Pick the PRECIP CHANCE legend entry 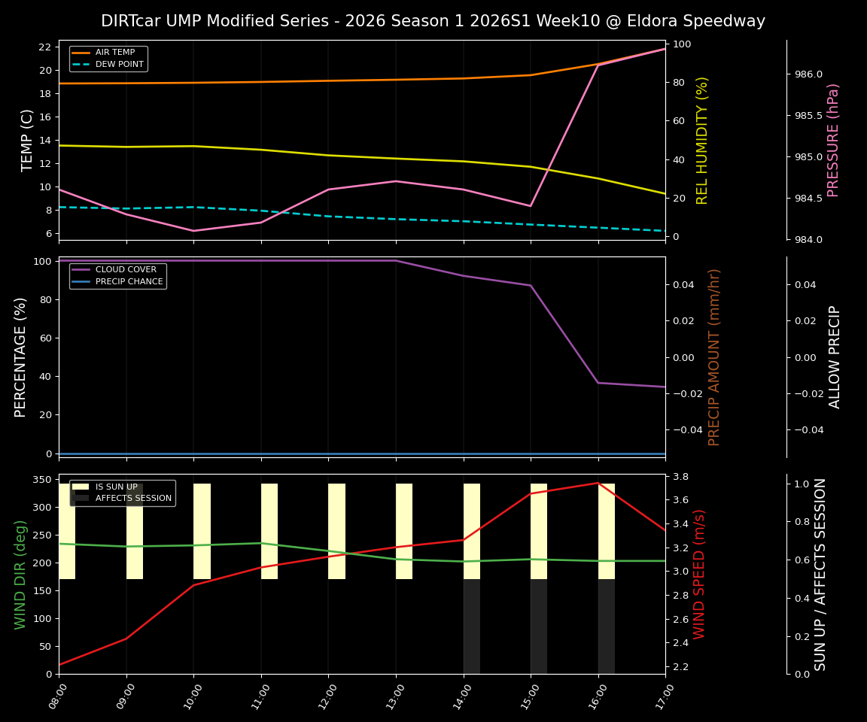129,282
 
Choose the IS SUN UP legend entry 116,487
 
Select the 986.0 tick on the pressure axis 803,74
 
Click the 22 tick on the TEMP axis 44,47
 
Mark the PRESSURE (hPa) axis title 833,140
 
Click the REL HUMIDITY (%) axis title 703,140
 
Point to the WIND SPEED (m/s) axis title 700,574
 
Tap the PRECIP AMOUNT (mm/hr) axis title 715,357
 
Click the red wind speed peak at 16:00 598,483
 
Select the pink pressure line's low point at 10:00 193,231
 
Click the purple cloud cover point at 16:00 598,383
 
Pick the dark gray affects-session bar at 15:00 539,626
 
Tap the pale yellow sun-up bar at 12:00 336,531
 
